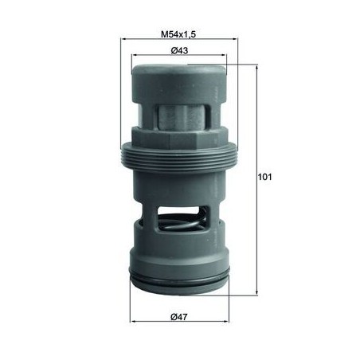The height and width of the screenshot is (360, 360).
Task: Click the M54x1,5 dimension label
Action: [178, 34]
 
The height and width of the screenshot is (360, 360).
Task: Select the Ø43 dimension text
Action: [179, 50]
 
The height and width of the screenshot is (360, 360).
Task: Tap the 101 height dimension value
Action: [265, 177]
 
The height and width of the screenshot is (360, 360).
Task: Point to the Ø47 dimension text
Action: [179, 317]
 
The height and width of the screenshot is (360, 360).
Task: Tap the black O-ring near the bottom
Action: [179, 280]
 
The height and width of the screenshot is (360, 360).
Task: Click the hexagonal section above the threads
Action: [179, 138]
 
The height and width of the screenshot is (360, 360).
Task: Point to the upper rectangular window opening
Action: [182, 116]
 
